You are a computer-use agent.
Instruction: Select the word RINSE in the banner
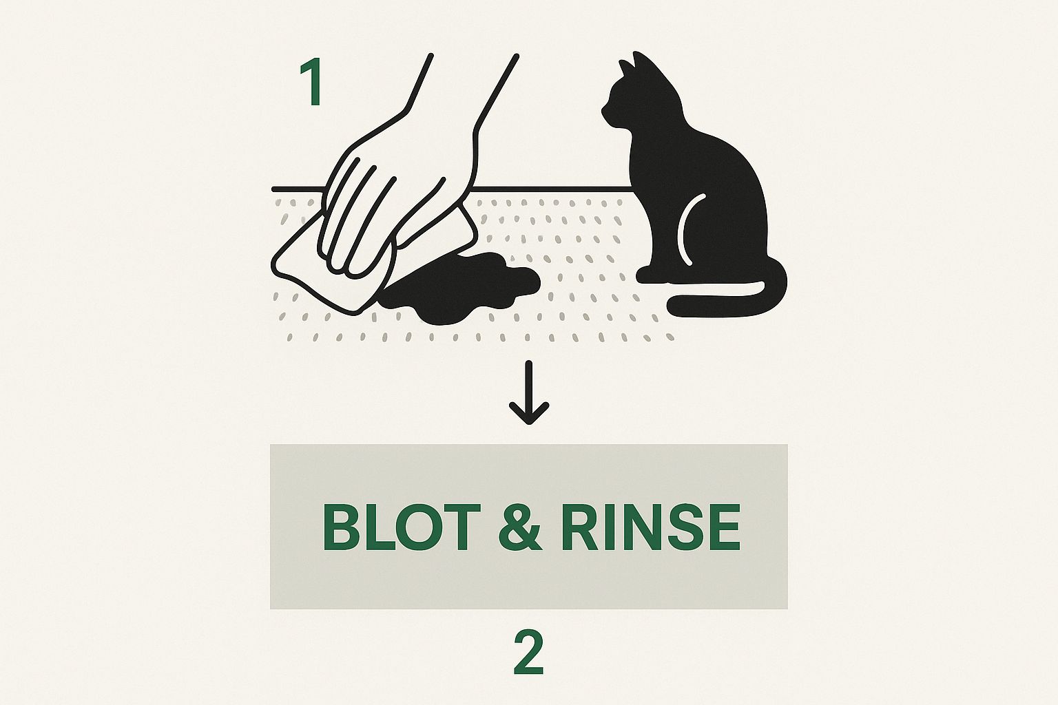tap(650, 527)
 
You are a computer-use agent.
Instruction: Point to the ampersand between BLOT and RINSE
tap(521, 527)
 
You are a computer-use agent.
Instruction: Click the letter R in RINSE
tap(579, 527)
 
